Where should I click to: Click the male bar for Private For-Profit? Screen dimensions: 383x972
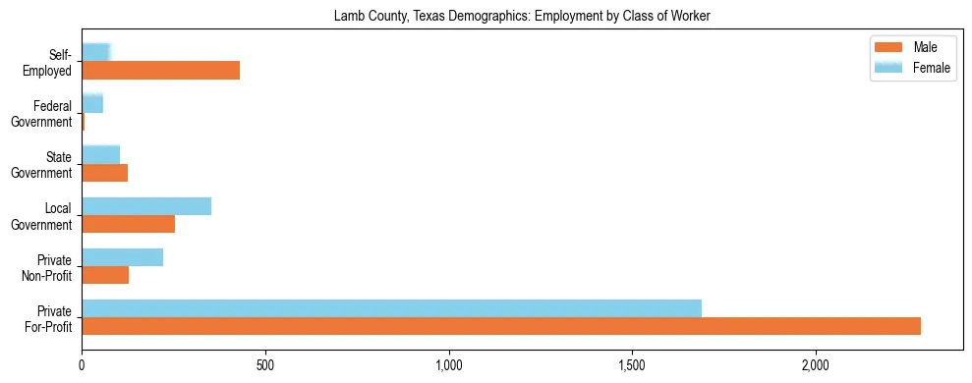tap(501, 326)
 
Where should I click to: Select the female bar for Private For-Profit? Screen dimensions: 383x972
tap(391, 308)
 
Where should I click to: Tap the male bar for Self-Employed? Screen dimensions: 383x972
tap(160, 71)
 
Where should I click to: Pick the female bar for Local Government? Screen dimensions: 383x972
tap(146, 206)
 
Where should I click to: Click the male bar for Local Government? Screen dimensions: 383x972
tap(128, 224)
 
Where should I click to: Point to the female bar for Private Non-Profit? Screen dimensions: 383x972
tap(122, 257)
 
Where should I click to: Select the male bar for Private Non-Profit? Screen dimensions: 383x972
tap(105, 275)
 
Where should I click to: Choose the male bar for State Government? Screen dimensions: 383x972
tap(104, 173)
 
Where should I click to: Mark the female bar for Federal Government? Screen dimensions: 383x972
tap(92, 103)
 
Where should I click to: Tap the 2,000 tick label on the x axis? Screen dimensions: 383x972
tap(816, 364)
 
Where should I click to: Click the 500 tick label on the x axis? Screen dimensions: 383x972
tap(265, 364)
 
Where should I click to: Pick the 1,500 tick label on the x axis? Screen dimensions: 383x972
tap(632, 364)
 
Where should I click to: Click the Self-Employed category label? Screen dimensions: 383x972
tap(49, 62)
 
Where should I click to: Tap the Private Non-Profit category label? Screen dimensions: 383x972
tap(49, 267)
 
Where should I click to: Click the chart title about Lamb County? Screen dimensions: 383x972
tap(522, 16)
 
